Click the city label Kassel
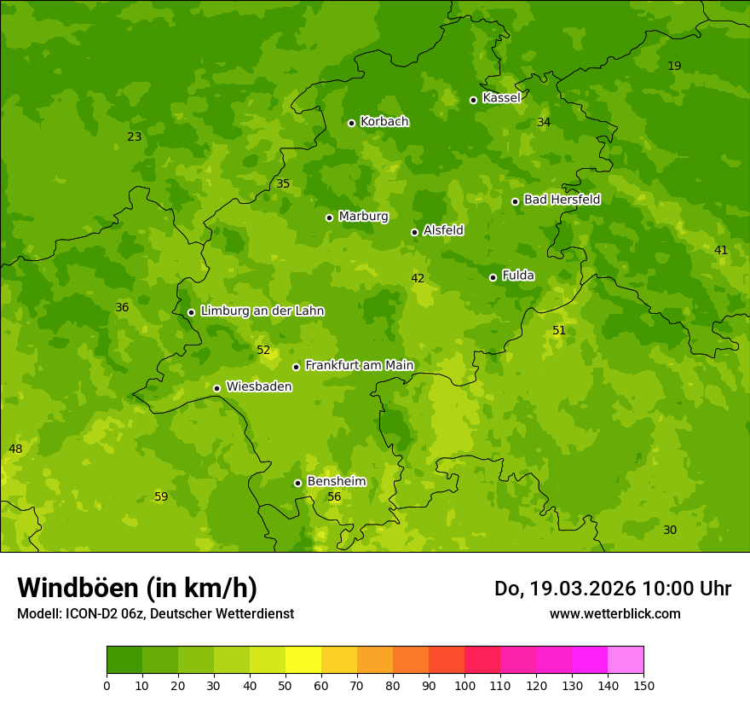[501, 98]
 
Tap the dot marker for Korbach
[351, 123]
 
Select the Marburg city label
[363, 217]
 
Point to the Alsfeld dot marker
[414, 232]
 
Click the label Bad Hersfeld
[562, 200]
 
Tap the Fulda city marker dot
[493, 277]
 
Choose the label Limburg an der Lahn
[262, 311]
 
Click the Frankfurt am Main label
[359, 365]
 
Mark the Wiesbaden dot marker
[216, 388]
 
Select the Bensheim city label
[336, 481]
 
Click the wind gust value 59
[161, 496]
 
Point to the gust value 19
[674, 66]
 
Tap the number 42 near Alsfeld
[418, 278]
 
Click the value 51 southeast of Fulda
[559, 330]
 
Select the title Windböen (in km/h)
[137, 588]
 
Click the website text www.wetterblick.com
[614, 613]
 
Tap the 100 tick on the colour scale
[464, 685]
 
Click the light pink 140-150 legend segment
[626, 660]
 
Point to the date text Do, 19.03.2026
[565, 589]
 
